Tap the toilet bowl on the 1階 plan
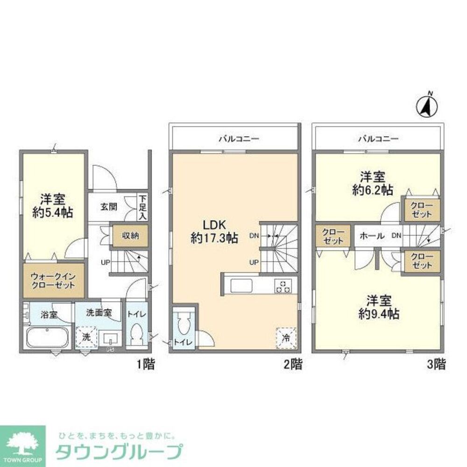pos(137,335)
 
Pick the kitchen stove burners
pos(283,285)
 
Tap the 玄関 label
pos(108,207)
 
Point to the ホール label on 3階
pos(372,236)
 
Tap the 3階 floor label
pos(435,364)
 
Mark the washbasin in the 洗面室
pos(111,338)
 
